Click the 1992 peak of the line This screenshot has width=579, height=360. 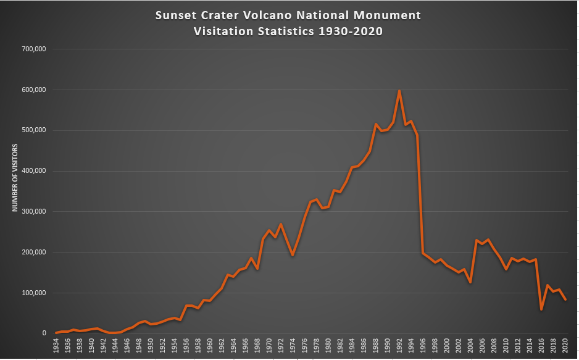[399, 91]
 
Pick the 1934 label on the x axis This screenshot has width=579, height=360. [56, 345]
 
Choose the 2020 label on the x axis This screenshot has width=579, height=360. [565, 345]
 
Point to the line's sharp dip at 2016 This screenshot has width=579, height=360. [541, 309]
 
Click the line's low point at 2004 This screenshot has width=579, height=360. [470, 282]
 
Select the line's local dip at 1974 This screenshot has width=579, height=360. [293, 255]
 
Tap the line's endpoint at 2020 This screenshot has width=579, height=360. [565, 299]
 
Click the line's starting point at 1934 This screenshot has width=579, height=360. [56, 333]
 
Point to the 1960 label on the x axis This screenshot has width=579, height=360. [210, 345]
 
